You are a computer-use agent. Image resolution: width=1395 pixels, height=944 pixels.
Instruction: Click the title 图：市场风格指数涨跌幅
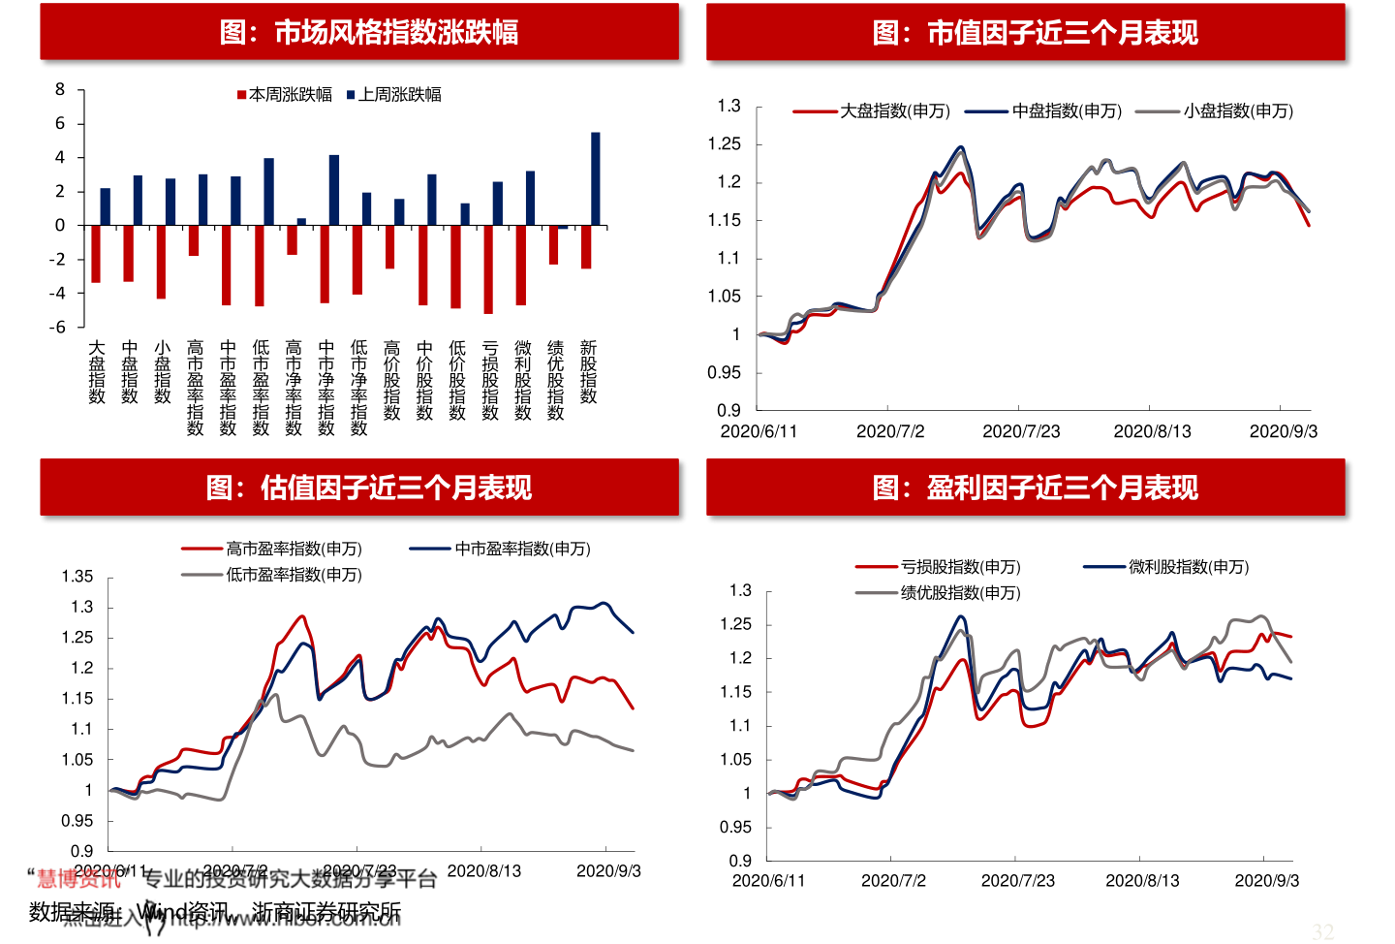coord(369,32)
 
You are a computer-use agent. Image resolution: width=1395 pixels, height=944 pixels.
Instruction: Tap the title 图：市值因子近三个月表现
coord(1035,33)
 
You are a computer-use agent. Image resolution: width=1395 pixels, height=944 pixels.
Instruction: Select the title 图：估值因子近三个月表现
coord(369,487)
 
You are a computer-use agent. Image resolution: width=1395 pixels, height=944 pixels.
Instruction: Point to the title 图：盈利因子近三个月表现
coord(1035,487)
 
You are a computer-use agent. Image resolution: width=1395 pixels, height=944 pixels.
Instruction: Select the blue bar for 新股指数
coord(595,179)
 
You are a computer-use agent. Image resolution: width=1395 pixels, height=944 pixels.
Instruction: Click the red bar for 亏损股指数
coord(488,269)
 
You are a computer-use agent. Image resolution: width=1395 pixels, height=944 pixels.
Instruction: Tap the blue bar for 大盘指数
coord(106,206)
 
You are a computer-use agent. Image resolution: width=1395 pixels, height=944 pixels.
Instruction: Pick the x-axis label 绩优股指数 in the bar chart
coord(556,380)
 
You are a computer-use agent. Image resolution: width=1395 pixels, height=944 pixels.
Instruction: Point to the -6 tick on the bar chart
coord(58,328)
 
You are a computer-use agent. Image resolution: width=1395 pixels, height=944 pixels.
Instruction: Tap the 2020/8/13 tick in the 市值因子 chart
coord(1152,431)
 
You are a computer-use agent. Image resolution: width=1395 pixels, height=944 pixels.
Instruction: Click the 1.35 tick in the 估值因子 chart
coord(77,577)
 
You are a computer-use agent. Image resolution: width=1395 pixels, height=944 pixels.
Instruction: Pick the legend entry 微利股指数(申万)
coord(1189,567)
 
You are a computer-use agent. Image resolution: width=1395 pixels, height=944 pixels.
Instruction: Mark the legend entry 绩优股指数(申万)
coord(960,593)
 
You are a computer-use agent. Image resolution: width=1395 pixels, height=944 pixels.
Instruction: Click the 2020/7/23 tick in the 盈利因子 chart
coord(1017,881)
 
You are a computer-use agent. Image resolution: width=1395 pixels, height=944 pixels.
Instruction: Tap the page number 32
coord(1322,932)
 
